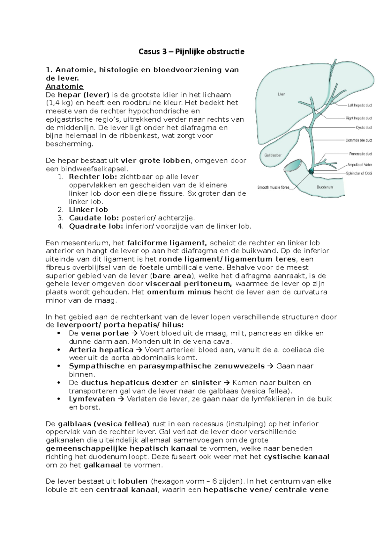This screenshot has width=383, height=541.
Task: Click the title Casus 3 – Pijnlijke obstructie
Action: (x=191, y=51)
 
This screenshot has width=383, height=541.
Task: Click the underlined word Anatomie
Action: (x=64, y=86)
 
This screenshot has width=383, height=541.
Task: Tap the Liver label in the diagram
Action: (x=281, y=94)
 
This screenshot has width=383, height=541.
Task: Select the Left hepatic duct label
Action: (x=360, y=105)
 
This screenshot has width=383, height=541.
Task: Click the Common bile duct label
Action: (x=359, y=140)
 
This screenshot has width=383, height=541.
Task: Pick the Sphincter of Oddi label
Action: (x=359, y=174)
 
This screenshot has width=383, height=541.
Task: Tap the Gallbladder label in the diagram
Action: (x=273, y=155)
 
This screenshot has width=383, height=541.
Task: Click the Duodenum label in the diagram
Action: (x=325, y=187)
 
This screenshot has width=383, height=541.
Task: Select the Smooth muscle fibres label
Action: (x=273, y=187)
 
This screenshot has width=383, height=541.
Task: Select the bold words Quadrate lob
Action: (x=95, y=227)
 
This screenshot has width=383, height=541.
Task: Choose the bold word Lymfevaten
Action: (x=92, y=399)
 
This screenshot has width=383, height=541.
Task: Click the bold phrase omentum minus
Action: (x=179, y=292)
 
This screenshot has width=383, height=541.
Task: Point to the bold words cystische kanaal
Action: (x=297, y=457)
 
